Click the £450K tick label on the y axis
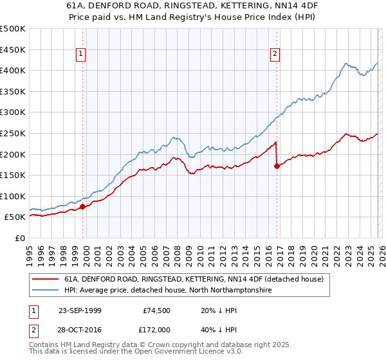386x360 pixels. pos(13,50)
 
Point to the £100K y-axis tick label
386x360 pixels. pos(13,196)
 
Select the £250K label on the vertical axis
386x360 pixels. pos(13,133)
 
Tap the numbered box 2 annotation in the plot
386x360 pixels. pos(275,55)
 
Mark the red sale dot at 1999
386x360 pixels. pos(83,206)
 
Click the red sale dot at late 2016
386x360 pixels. pos(277,166)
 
